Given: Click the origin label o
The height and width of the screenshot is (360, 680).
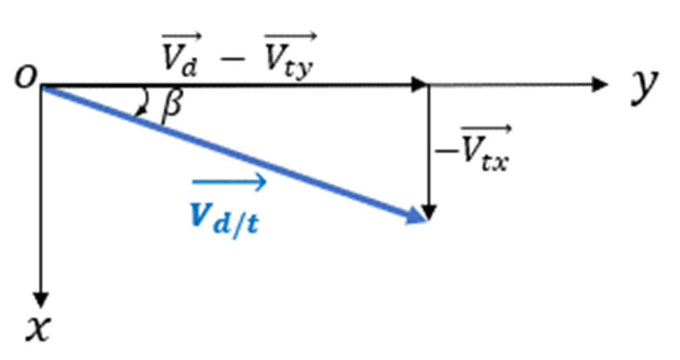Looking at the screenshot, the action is point(26,77).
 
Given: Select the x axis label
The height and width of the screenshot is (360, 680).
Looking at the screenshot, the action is point(38,328).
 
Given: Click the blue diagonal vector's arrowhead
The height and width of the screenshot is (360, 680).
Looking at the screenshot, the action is point(417,216).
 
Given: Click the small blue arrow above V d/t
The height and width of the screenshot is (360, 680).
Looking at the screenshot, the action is point(229,182).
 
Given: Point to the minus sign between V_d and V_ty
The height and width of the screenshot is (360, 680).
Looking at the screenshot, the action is point(232,60).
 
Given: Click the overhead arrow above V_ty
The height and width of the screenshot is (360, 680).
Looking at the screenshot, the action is point(290,37).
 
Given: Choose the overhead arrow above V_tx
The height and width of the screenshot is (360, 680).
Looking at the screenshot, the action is point(486,129).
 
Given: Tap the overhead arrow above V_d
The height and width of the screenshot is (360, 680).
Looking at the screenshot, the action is point(182,37).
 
